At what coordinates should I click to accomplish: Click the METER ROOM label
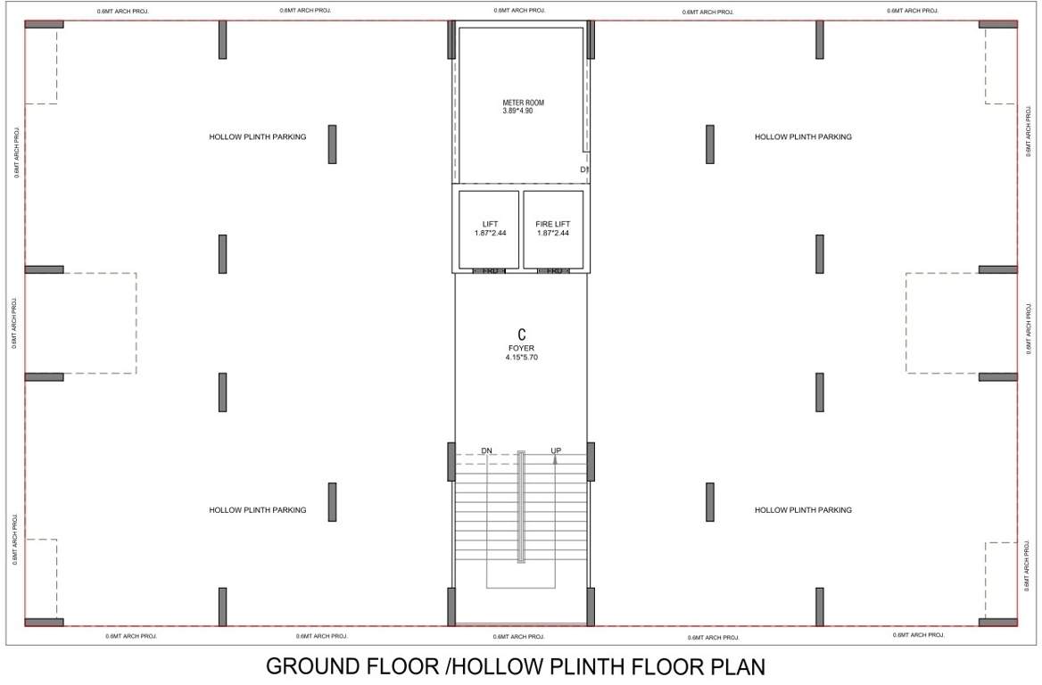[523, 103]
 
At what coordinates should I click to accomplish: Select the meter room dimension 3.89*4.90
[517, 111]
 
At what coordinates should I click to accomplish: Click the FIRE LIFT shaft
[553, 229]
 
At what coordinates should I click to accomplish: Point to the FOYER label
[521, 349]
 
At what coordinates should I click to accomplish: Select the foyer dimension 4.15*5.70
[521, 358]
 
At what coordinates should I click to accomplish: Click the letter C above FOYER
[522, 334]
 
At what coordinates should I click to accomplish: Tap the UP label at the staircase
[556, 451]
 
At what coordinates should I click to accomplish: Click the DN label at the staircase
[486, 451]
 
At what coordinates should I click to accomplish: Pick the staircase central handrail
[522, 507]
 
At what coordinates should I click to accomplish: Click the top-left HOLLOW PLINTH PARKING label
[258, 137]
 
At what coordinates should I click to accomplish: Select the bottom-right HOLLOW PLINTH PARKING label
[803, 510]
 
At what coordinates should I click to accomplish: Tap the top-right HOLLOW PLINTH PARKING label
[803, 137]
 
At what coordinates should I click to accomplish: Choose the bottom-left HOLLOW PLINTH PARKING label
[258, 510]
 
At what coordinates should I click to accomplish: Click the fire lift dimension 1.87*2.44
[553, 234]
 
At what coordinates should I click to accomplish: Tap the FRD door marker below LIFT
[490, 270]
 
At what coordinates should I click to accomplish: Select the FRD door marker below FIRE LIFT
[553, 270]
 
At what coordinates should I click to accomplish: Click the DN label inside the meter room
[584, 169]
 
